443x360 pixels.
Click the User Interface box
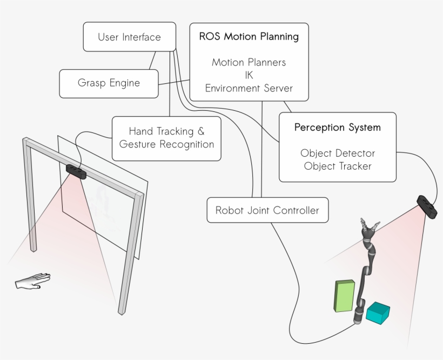click(129, 37)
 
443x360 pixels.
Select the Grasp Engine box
click(109, 83)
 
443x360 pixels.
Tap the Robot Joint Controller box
click(267, 210)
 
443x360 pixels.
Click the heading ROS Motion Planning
click(249, 37)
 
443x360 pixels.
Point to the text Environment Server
click(249, 88)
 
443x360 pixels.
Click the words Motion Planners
click(249, 62)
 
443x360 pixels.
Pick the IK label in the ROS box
click(249, 75)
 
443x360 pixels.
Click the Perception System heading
click(337, 128)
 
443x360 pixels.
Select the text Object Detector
click(337, 154)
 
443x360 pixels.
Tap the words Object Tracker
click(337, 166)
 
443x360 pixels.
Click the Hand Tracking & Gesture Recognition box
click(166, 138)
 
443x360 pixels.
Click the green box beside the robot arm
click(344, 296)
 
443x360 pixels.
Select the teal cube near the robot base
click(378, 313)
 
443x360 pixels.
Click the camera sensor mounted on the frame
click(76, 171)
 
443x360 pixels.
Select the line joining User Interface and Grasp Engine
click(152, 60)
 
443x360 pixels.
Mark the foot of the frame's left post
click(33, 248)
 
